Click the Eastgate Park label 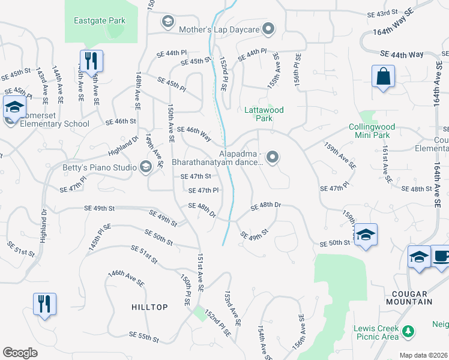[100, 20]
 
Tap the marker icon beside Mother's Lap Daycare [269, 28]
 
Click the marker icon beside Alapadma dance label [273, 158]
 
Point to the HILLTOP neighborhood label [149, 307]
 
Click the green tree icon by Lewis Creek [409, 331]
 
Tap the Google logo [20, 353]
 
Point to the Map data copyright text [424, 355]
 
